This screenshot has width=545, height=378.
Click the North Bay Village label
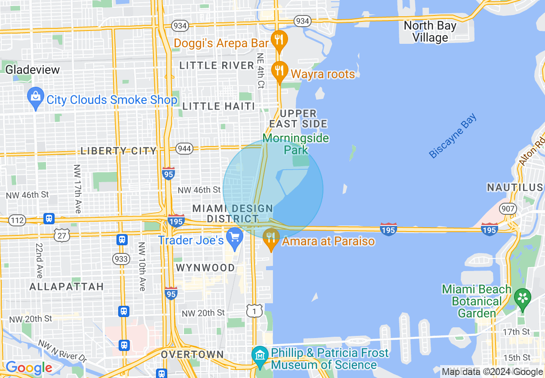click(x=430, y=32)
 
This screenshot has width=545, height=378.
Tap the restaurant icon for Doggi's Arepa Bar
click(x=279, y=40)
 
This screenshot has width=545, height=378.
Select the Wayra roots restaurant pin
click(x=279, y=70)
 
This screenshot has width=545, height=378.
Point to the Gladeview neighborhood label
click(x=33, y=70)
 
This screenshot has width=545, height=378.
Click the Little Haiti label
click(x=218, y=106)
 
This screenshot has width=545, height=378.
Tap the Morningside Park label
click(x=296, y=144)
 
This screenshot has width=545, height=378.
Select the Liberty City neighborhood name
click(x=119, y=151)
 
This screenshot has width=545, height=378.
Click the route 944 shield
click(x=184, y=149)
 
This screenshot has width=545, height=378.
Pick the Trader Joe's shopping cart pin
click(x=235, y=238)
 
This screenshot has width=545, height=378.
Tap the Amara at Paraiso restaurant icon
click(x=270, y=238)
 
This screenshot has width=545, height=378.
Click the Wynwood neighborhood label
click(x=205, y=268)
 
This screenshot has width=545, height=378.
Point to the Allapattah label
click(x=67, y=287)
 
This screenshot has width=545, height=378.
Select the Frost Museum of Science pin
click(x=260, y=356)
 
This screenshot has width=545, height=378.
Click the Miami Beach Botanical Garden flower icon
click(x=523, y=298)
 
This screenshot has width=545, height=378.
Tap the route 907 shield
click(x=508, y=209)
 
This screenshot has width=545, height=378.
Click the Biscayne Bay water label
click(x=453, y=136)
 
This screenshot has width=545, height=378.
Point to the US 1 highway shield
click(x=254, y=310)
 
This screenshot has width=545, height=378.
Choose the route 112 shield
click(x=17, y=221)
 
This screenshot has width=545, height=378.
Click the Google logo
click(x=29, y=368)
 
